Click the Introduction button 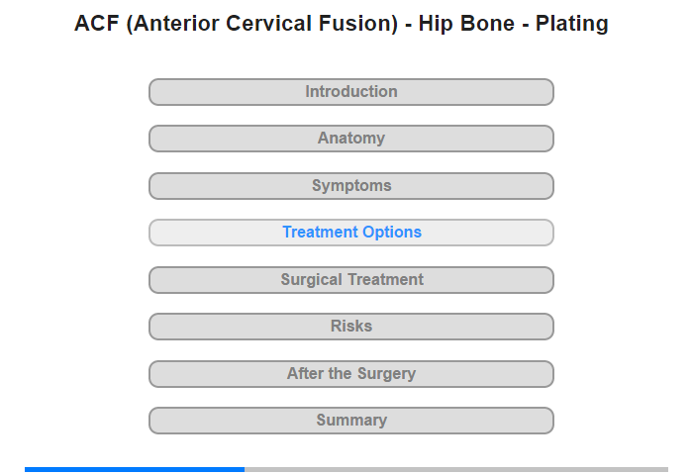pos(351,92)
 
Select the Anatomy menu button pos(351,139)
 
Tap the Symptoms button pos(351,186)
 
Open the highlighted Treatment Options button pos(351,233)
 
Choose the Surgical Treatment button pos(351,280)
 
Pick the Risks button pos(351,327)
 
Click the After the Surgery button pos(351,374)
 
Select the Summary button pos(351,421)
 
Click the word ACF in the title pos(97,24)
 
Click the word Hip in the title pos(435,25)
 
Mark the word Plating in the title pos(572,25)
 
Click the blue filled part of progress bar pos(135,469)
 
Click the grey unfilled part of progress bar pos(456,469)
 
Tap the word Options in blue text pos(392,233)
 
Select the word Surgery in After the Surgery pos(386,374)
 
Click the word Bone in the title pos(487,24)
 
